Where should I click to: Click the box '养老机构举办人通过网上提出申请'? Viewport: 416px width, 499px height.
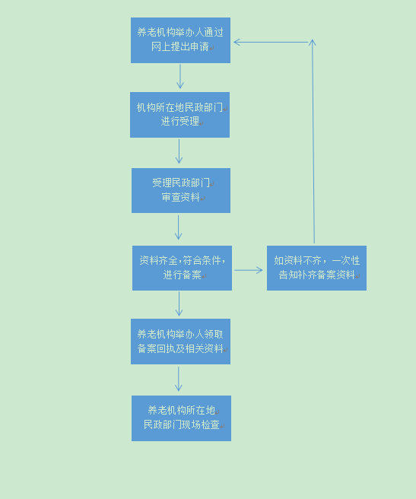click(180, 40)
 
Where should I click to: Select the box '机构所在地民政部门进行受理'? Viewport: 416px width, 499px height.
click(179, 115)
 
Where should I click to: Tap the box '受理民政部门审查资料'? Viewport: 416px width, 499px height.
click(181, 190)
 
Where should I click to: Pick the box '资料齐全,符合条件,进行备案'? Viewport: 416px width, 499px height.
click(182, 268)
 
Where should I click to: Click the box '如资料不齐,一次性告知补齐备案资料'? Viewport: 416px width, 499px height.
click(316, 268)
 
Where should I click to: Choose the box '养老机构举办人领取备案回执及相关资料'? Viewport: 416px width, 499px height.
click(180, 342)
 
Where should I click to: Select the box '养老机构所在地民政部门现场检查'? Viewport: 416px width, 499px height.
click(182, 418)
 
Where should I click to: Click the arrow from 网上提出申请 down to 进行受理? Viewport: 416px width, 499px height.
click(180, 76)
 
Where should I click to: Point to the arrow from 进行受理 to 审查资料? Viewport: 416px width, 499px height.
click(179, 151)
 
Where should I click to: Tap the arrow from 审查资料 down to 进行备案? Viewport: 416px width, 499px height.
click(178, 227)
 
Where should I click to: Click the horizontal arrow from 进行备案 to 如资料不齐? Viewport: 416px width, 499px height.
click(249, 270)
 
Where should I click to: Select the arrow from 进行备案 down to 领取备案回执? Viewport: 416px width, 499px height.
click(179, 304)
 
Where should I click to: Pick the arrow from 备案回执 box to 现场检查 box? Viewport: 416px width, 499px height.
click(179, 379)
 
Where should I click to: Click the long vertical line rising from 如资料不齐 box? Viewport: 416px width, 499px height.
click(313, 141)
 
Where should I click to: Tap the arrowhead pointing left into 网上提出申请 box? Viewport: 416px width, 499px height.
click(237, 42)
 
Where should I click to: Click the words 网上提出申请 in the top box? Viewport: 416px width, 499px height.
click(179, 47)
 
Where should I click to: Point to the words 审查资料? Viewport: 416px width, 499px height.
click(180, 197)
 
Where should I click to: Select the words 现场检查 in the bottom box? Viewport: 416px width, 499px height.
click(201, 424)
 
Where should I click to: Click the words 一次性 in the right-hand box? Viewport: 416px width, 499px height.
click(346, 260)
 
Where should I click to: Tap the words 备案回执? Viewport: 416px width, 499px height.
click(156, 348)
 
